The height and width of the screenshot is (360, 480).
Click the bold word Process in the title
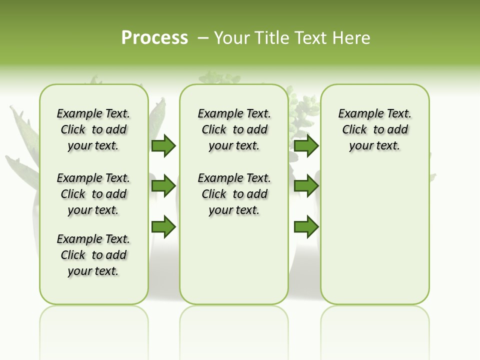pyautogui.click(x=154, y=38)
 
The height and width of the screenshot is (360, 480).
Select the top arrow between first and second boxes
pyautogui.click(x=163, y=146)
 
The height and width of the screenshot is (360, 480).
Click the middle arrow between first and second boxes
pyautogui.click(x=163, y=186)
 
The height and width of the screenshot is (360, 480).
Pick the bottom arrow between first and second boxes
pyautogui.click(x=163, y=227)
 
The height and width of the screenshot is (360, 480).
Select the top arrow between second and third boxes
pyautogui.click(x=306, y=146)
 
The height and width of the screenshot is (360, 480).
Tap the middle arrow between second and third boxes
pyautogui.click(x=306, y=186)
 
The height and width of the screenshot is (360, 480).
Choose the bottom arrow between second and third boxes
pyautogui.click(x=306, y=227)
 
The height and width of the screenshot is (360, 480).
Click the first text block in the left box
pyautogui.click(x=93, y=129)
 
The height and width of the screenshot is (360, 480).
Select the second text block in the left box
pyautogui.click(x=93, y=194)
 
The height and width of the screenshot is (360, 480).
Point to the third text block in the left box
pyautogui.click(x=93, y=255)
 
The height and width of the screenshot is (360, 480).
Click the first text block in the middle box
pyautogui.click(x=234, y=129)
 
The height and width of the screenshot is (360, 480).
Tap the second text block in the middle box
pyautogui.click(x=234, y=194)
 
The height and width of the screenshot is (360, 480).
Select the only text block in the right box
pyautogui.click(x=375, y=129)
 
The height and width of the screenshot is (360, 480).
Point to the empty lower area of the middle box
pyautogui.click(x=234, y=260)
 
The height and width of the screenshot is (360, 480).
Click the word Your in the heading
pyautogui.click(x=232, y=38)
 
